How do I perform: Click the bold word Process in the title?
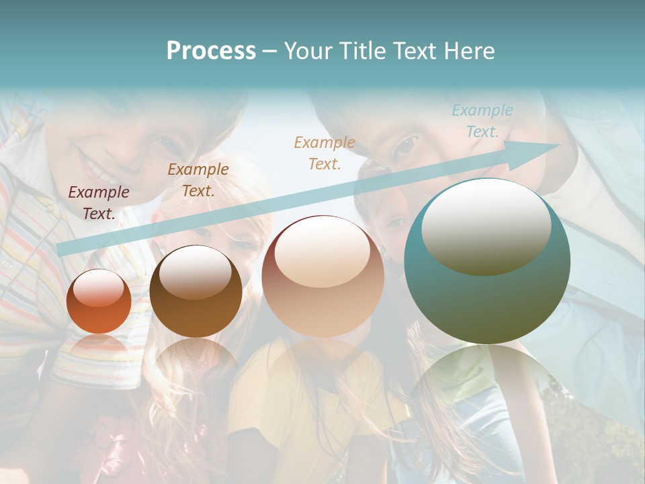[211, 51]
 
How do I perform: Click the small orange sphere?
[99, 301]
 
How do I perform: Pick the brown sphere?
[196, 292]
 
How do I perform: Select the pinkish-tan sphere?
[322, 276]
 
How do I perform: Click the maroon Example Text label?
[98, 202]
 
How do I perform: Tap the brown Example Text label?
[198, 180]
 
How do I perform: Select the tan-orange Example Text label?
[324, 153]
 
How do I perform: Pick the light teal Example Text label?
[482, 121]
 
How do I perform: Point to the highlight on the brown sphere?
[196, 272]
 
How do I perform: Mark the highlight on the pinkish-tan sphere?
[322, 252]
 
